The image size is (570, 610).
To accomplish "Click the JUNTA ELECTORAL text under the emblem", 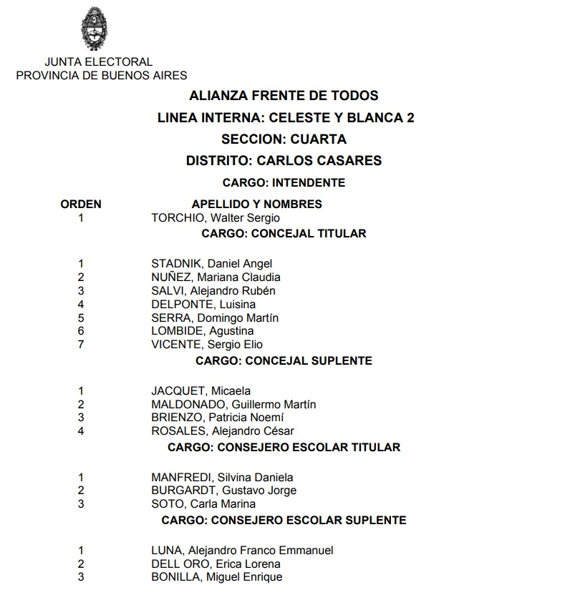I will (98, 62).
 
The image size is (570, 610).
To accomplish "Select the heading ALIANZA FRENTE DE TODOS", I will (284, 95).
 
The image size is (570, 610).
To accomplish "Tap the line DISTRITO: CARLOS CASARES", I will (284, 160).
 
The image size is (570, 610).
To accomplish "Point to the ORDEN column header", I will (81, 204).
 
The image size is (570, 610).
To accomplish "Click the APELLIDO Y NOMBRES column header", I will (256, 204).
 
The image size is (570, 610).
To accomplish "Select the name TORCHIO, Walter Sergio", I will (216, 218).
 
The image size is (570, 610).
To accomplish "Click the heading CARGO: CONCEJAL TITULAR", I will (284, 233).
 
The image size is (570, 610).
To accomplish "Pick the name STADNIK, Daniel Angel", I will (211, 264).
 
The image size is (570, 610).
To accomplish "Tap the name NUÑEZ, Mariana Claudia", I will (216, 277).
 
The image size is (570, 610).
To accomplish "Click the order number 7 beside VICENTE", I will (81, 345).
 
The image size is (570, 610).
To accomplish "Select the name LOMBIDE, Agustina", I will (202, 331).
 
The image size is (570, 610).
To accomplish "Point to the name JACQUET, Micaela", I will (201, 391).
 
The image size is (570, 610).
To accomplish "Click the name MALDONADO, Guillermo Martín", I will (233, 405).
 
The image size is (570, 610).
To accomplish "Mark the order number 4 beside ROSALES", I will (81, 431).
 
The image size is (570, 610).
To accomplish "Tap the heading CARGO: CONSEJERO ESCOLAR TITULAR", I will (284, 447).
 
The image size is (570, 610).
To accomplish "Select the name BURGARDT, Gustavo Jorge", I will (223, 491).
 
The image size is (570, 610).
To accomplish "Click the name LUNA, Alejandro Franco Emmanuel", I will (242, 551).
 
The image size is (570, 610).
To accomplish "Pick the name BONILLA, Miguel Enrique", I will (216, 577).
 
